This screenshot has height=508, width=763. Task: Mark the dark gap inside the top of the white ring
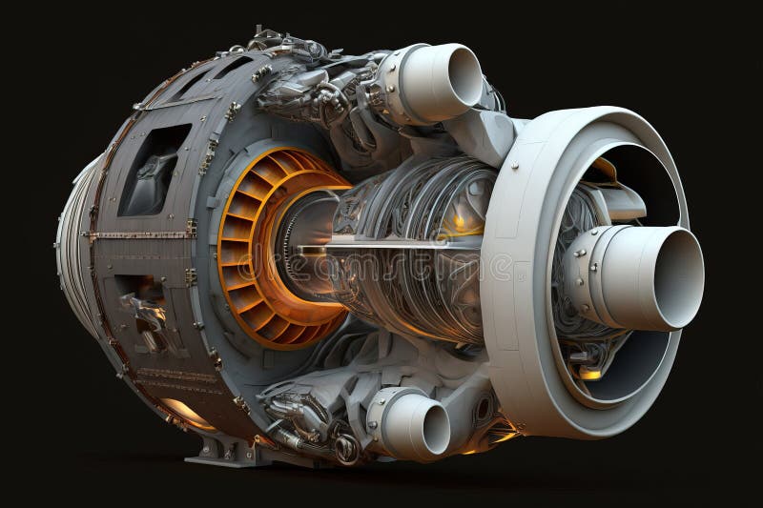(629, 162)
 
